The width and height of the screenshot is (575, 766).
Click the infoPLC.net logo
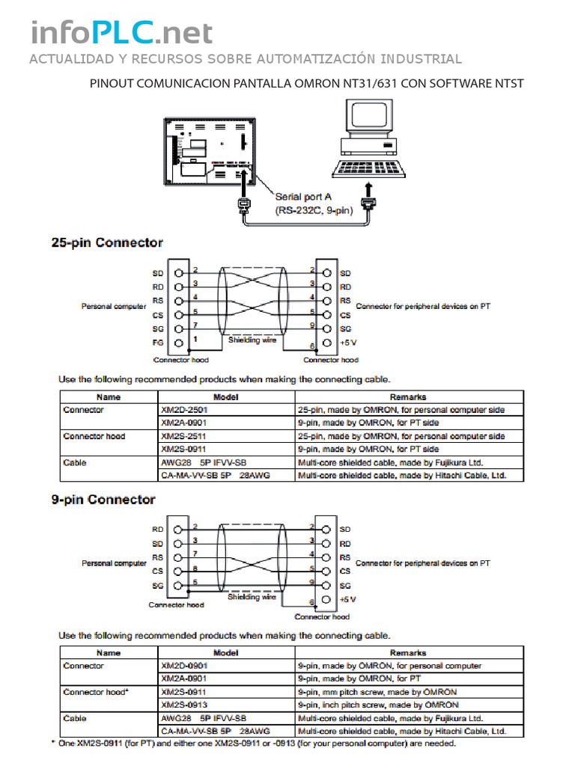(121, 33)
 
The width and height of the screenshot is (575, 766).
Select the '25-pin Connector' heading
(106, 242)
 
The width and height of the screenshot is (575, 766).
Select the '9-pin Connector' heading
(103, 499)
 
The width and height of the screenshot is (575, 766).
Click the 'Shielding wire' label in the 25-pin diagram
(253, 340)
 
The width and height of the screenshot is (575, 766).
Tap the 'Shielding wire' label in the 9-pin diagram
(252, 597)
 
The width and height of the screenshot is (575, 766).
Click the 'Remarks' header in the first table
(408, 397)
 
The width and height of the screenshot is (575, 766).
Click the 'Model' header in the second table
(225, 653)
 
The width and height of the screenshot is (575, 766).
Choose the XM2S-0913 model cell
(183, 705)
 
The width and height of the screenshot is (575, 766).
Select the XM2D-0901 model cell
(183, 665)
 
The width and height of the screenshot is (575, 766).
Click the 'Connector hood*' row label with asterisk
(96, 692)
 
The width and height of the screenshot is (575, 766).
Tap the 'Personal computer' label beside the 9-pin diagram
(114, 563)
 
